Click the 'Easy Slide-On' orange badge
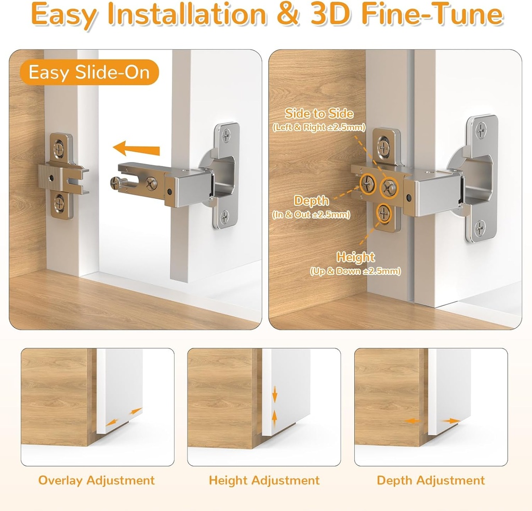(89, 73)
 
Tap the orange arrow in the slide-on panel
(136, 150)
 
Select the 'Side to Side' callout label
(319, 114)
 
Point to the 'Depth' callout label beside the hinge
(312, 201)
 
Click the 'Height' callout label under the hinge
(355, 257)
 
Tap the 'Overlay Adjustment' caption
(97, 481)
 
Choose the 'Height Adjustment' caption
(264, 481)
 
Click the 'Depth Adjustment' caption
(431, 481)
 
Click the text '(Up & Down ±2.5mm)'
(355, 271)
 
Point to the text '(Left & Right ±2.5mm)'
(319, 127)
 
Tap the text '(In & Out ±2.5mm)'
(311, 214)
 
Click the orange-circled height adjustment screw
(384, 212)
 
